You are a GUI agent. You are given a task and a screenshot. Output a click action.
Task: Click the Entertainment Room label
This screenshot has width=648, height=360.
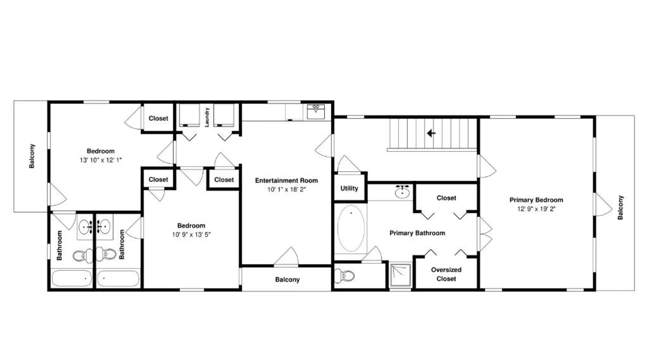pos(287,180)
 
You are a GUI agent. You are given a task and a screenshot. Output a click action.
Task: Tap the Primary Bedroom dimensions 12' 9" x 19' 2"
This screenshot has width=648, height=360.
pos(536,209)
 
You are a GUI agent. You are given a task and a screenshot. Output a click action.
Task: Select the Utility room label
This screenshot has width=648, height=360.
pos(349,188)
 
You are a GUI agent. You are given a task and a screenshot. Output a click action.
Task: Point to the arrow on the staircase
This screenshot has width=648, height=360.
pos(431,133)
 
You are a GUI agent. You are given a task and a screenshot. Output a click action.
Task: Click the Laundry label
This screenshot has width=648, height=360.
pos(207,117)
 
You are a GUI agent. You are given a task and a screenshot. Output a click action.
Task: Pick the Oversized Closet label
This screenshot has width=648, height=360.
pos(446,274)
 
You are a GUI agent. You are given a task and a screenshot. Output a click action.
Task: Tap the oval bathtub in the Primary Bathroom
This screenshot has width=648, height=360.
pos(351,229)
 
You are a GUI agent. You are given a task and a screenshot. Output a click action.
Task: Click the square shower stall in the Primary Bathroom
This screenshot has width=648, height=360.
pos(400,275)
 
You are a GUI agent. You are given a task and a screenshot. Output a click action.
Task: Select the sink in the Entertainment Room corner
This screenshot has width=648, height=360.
pos(316,112)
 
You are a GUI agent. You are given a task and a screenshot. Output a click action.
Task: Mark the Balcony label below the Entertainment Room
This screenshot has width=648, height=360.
pos(287,279)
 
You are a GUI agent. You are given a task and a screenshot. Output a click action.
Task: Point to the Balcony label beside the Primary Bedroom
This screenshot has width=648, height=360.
pos(620,207)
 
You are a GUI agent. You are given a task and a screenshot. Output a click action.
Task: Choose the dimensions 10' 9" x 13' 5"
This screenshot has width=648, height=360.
pos(191,235)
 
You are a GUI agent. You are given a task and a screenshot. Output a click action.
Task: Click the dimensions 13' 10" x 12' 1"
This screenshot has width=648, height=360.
pos(101,160)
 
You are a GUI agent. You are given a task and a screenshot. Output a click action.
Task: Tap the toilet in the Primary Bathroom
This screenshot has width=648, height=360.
pos(345,276)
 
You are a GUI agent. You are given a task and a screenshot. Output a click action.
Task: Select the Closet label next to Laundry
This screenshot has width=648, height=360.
pos(158,118)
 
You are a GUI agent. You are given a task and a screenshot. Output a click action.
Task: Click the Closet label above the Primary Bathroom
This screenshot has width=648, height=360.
pos(446,198)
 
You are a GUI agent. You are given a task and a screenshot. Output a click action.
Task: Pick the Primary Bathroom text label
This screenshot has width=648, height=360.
pos(417,233)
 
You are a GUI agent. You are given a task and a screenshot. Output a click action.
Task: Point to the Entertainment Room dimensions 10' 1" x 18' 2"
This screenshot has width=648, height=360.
pos(287,189)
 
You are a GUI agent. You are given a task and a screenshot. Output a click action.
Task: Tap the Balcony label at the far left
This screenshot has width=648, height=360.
pos(32,156)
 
